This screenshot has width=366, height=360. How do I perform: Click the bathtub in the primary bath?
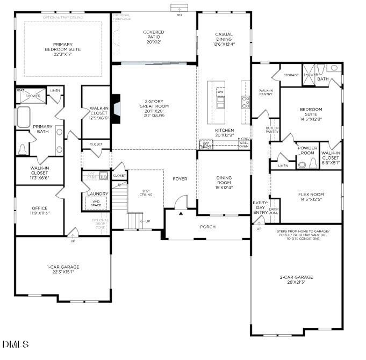click(x=23, y=117)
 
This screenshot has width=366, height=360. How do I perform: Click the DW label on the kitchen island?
click(x=220, y=92)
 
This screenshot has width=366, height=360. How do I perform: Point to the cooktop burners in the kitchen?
click(x=246, y=102)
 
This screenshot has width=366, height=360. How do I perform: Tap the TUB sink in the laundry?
click(x=103, y=177)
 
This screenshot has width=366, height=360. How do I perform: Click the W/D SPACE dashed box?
click(x=96, y=204)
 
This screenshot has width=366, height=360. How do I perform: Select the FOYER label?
click(x=180, y=179)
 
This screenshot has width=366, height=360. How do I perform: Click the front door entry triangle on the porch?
click(x=181, y=213)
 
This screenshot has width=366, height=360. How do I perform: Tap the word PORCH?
click(x=207, y=227)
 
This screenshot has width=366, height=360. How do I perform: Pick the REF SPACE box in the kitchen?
click(x=206, y=145)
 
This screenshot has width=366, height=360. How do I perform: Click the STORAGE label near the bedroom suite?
click(x=291, y=75)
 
